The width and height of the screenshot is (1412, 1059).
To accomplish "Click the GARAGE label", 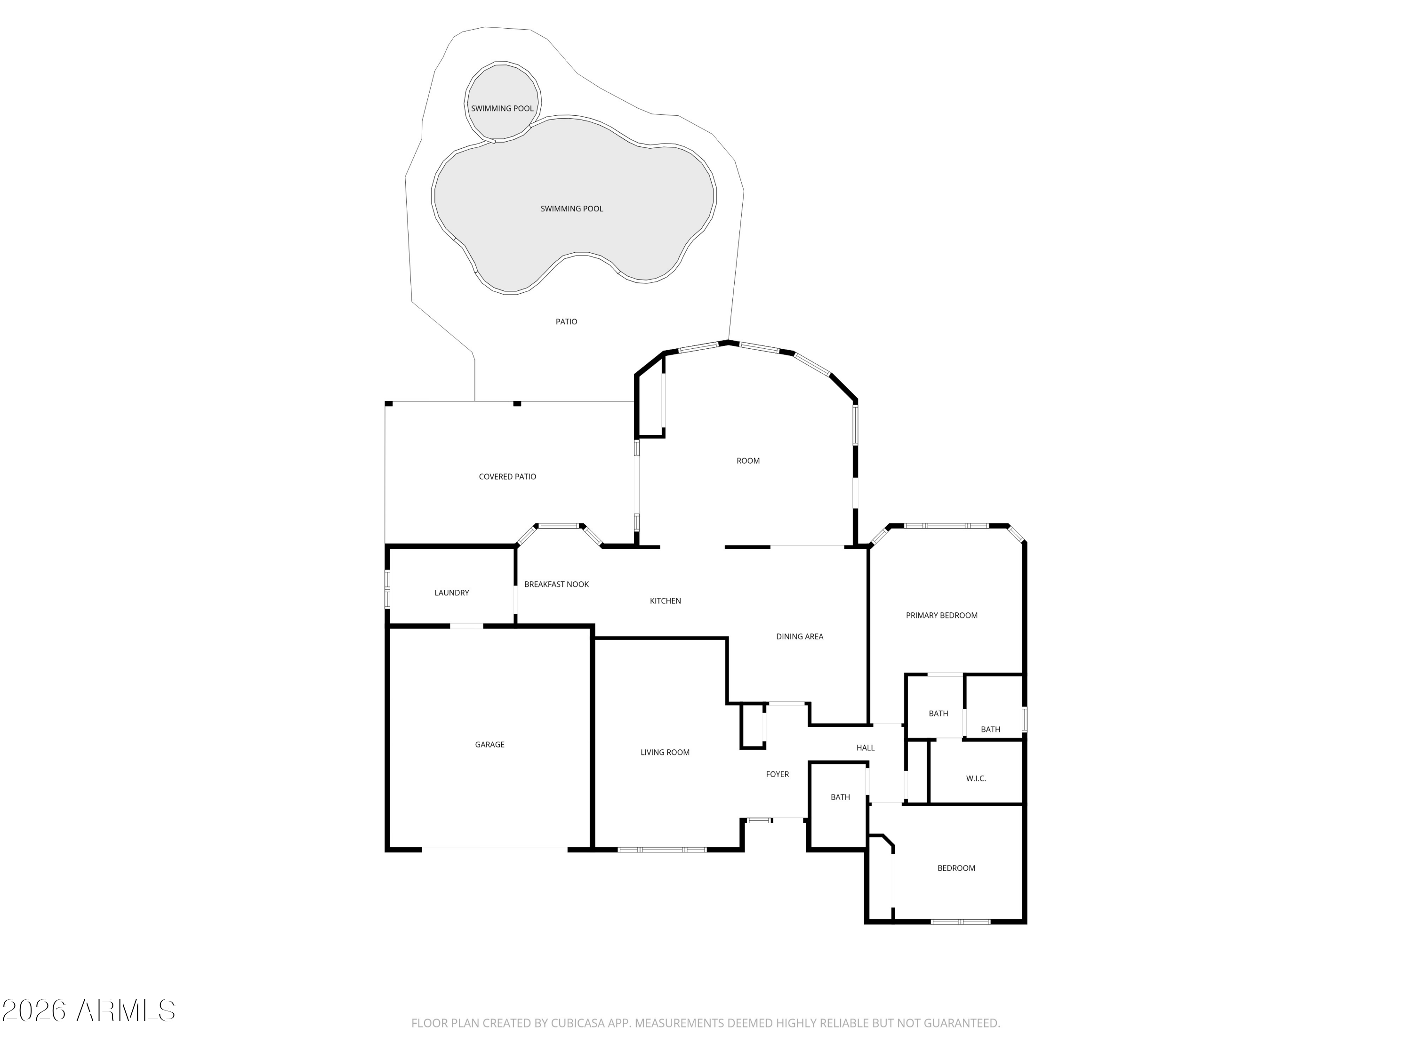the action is pos(489,744).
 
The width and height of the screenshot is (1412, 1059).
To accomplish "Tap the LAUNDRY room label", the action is pos(451,593).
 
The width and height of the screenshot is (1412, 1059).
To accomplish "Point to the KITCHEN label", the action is pos(665,601).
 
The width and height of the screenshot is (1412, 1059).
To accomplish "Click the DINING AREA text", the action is pos(799,636).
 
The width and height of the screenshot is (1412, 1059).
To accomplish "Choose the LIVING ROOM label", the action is pos(665,752).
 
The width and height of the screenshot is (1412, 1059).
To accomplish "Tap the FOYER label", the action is pos(777,774).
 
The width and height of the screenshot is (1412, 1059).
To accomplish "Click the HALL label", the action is pos(865,747).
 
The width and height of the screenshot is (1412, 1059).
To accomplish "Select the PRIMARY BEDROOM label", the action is pos(941,615).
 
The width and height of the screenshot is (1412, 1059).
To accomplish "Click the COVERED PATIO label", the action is pos(507,477).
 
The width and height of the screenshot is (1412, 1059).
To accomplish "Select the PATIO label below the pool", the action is pos(566,322).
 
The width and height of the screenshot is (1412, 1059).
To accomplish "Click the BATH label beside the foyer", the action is pos(840,797).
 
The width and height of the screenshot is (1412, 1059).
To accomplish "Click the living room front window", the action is pos(663,850).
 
